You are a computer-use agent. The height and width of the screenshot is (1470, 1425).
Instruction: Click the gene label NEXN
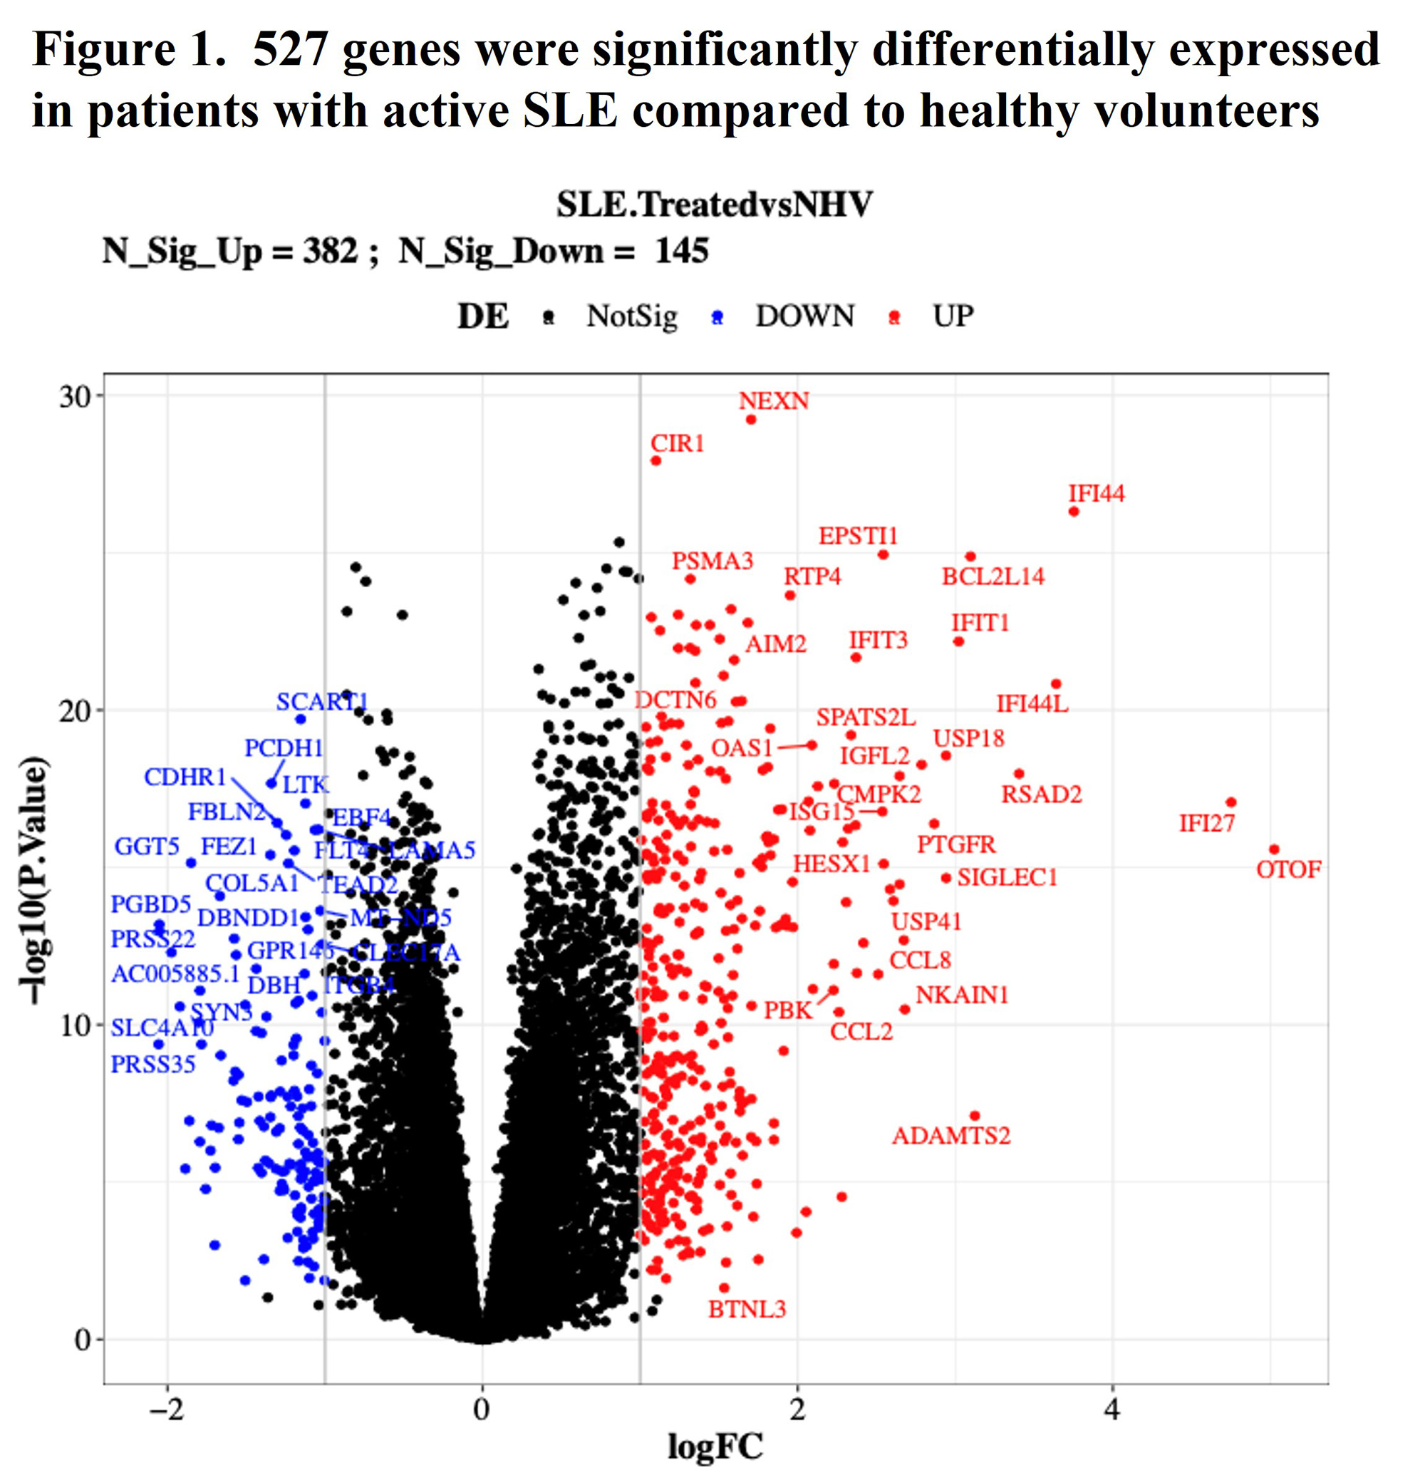(773, 401)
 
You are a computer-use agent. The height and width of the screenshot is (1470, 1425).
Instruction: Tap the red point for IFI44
(1073, 512)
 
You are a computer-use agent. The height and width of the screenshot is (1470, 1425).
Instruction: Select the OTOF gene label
(1287, 870)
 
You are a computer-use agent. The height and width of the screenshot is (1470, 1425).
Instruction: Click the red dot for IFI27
(1230, 802)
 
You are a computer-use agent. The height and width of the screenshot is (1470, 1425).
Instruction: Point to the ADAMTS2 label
(950, 1136)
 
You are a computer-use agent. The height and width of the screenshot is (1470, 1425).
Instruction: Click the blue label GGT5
(146, 847)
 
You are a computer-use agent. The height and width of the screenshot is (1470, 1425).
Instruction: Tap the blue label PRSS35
(153, 1065)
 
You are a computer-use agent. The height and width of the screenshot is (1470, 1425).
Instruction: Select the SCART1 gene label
(322, 702)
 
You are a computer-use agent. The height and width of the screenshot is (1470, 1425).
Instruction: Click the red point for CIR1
(655, 460)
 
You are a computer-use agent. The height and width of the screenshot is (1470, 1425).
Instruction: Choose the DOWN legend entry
(804, 316)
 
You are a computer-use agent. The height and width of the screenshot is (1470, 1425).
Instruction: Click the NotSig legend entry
(631, 316)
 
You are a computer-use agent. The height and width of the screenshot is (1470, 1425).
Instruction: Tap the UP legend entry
(953, 316)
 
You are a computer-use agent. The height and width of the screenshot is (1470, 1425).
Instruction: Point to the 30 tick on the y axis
(75, 397)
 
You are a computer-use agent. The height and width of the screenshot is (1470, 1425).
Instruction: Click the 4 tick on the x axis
(1112, 1410)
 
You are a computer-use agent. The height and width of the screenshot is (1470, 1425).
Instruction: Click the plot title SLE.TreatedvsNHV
(714, 204)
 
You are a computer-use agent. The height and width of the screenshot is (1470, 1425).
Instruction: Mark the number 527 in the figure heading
(290, 51)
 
